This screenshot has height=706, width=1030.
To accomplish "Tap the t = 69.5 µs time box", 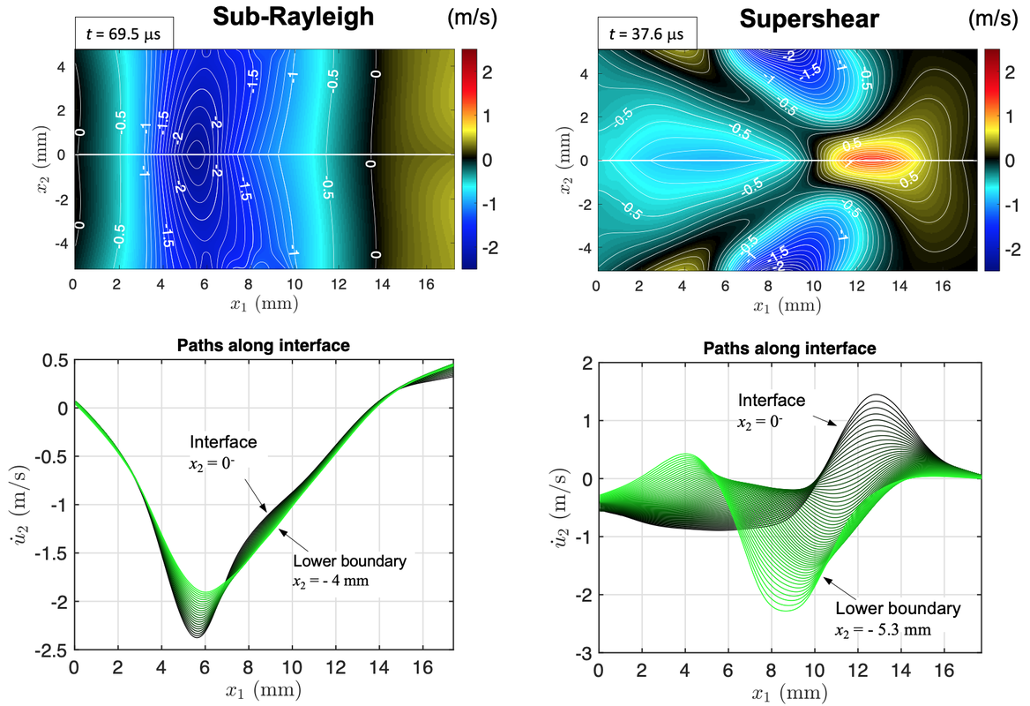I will point(123,35).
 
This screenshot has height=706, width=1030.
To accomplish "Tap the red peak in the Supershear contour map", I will point(869,160).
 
